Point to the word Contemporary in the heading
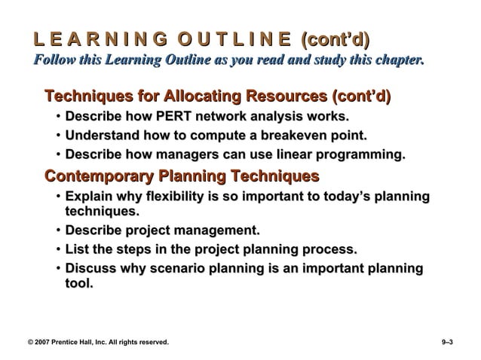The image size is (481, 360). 95,176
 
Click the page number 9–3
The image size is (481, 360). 448,342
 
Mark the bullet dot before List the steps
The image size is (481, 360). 58,249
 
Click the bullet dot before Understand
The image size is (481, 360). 58,136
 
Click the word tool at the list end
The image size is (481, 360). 78,284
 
